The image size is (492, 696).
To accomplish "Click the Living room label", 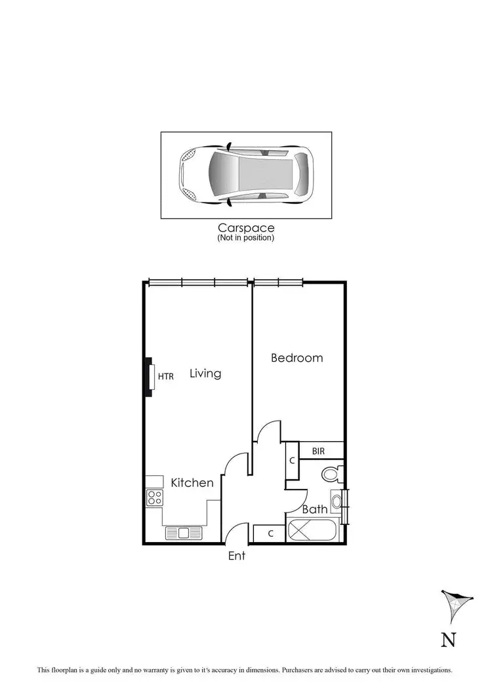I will [205, 374].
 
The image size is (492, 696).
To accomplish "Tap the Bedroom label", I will [297, 358].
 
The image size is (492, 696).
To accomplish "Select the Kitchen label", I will [192, 483].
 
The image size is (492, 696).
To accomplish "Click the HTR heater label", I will [166, 376].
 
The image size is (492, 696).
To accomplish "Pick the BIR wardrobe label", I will [318, 451].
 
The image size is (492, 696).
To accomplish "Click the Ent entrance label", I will [236, 556].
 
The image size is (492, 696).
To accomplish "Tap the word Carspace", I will [246, 228].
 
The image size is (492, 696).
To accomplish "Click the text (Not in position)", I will [246, 238].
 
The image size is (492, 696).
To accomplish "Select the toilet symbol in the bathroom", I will [330, 474].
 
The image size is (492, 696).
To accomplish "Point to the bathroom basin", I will [337, 502].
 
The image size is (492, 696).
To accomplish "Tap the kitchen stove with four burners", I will [154, 497].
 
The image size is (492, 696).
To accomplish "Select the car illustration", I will [246, 175].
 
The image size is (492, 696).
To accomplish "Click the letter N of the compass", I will [448, 639].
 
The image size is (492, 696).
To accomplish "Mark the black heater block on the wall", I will [148, 376].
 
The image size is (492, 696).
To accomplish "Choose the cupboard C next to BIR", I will [291, 461].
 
